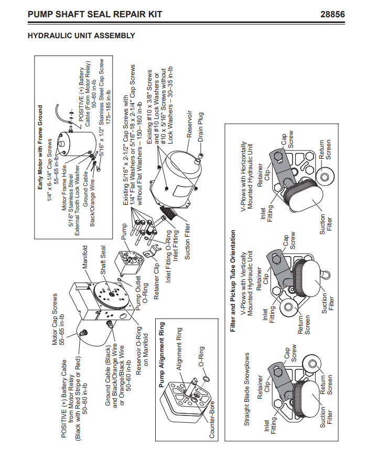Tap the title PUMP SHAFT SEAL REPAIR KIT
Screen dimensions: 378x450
coord(95,14)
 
